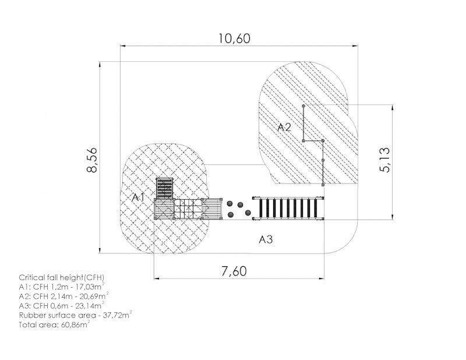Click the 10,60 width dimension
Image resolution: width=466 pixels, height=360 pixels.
[235, 38]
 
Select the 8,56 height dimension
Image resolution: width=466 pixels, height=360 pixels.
[92, 160]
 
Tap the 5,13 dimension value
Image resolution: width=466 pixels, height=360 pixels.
[384, 160]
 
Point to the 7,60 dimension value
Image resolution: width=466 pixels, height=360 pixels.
[234, 271]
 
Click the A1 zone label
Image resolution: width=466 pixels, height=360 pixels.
[139, 197]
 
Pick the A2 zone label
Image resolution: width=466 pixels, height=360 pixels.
[284, 127]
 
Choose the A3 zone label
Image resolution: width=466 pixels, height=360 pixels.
[266, 239]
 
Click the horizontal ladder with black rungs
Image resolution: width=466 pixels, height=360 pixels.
[288, 208]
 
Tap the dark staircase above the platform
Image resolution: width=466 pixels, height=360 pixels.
[164, 188]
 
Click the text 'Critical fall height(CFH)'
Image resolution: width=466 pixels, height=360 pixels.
[62, 278]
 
